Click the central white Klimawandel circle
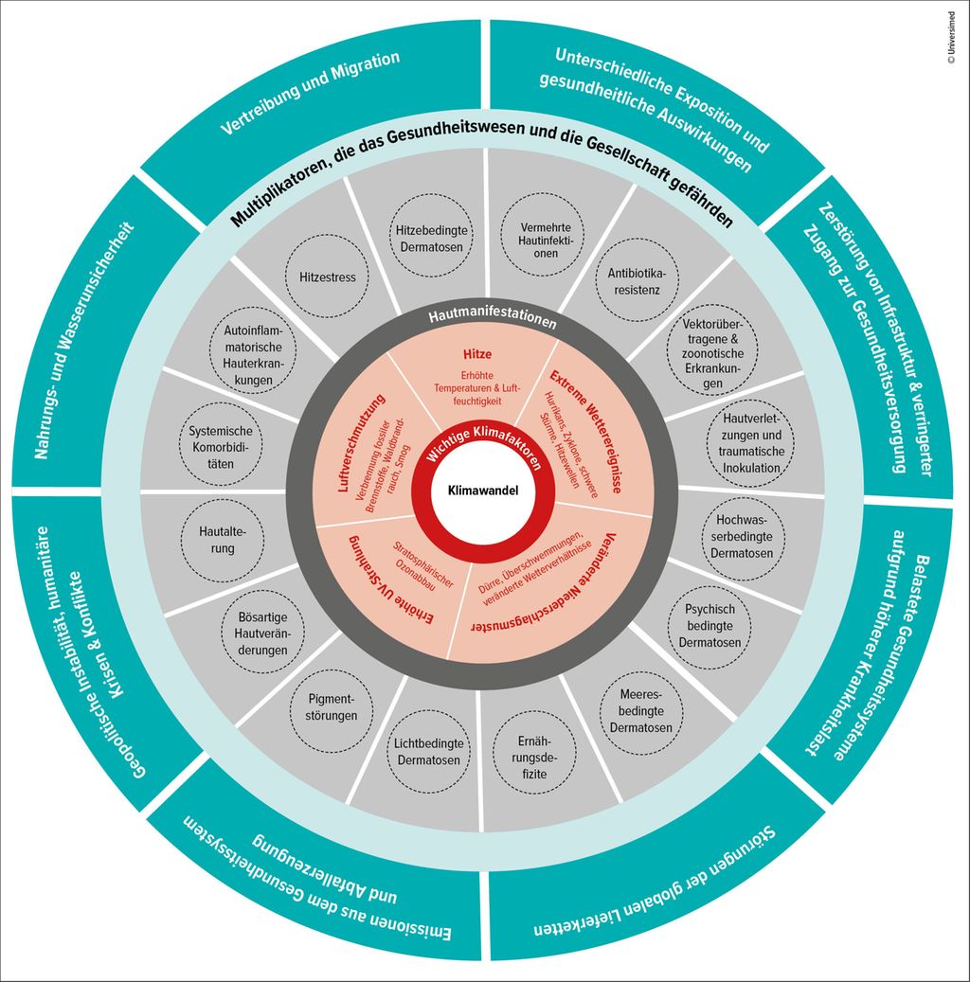tap(485, 491)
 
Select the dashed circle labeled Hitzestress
tap(327, 277)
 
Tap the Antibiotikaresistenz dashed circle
tap(637, 279)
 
